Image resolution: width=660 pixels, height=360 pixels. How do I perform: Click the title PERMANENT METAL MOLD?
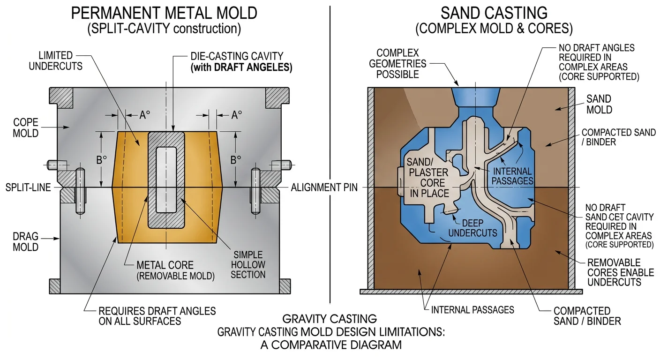(164, 13)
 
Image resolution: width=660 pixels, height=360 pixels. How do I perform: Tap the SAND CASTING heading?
(494, 13)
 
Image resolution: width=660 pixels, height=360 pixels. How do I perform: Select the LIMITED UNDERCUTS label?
(55, 60)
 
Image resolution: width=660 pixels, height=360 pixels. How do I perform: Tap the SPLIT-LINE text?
(28, 188)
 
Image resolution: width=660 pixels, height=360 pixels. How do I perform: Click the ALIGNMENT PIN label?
(324, 188)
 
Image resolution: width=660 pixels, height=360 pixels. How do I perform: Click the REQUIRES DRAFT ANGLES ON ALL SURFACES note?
(157, 315)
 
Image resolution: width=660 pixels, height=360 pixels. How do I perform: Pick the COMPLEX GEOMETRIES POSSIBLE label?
(397, 64)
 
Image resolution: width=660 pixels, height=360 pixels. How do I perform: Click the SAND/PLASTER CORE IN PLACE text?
(428, 178)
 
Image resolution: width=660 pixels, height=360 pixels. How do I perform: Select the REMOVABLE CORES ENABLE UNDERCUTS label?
(614, 272)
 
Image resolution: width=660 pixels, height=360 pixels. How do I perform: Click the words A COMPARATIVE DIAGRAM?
(331, 345)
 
